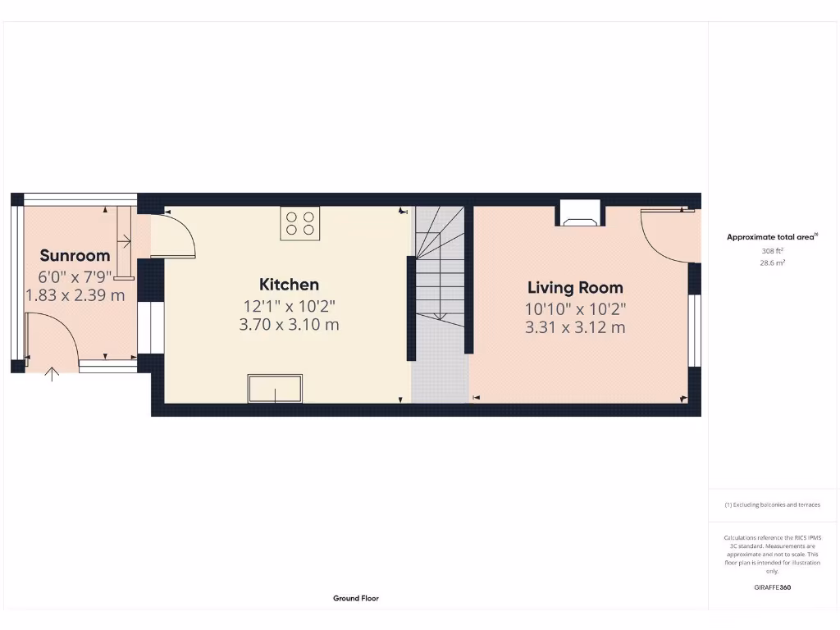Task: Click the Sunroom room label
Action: [x=75, y=254]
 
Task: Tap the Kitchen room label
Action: [x=289, y=285]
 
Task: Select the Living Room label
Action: [x=575, y=287]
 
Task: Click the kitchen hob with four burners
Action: [x=299, y=223]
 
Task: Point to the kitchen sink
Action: [x=275, y=388]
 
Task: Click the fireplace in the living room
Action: [x=581, y=213]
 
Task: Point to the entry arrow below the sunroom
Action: [x=52, y=375]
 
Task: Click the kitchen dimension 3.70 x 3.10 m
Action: [x=289, y=325]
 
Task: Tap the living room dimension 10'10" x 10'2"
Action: [x=575, y=309]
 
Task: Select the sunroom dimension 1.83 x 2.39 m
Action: [x=75, y=294]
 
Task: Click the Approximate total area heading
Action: [x=772, y=237]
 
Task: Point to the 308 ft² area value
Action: [x=772, y=251]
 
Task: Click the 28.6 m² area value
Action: [x=772, y=263]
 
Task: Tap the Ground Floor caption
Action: [x=356, y=598]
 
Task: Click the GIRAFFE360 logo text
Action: [x=772, y=587]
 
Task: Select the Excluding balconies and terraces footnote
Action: [x=772, y=504]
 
